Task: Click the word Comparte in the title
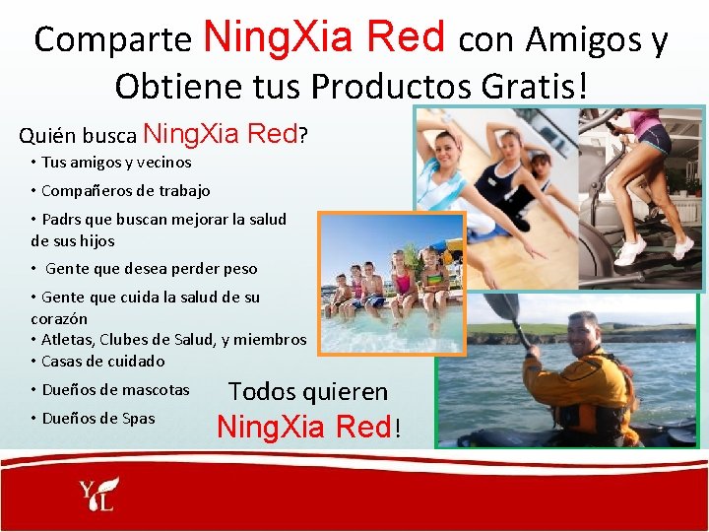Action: [x=112, y=39]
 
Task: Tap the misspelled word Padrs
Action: [x=64, y=219]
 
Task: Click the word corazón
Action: [x=59, y=318]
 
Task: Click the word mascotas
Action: [x=157, y=389]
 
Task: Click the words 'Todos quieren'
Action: [x=308, y=391]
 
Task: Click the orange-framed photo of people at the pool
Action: [x=392, y=282]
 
